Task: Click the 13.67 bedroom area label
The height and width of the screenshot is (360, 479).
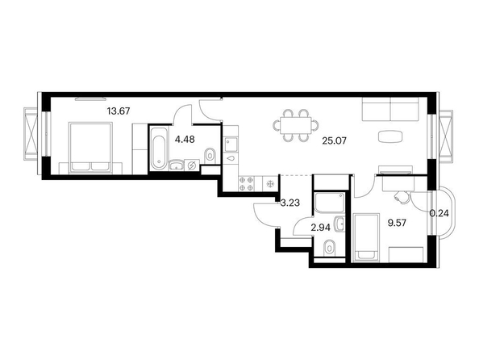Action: point(119,111)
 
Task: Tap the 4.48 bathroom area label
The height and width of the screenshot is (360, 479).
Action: point(185,140)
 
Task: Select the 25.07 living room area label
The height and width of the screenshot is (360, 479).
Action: point(335,141)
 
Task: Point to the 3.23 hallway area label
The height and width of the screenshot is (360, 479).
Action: point(290,203)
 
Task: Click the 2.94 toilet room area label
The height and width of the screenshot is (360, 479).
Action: point(320,228)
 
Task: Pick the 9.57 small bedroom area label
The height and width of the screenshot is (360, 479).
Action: point(397,223)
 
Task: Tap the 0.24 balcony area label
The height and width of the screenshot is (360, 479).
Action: point(439,213)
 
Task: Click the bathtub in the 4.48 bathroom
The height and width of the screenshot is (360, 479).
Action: point(159,148)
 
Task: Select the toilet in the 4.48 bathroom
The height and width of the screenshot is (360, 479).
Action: point(210,155)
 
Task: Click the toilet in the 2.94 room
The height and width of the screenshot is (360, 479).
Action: point(329,247)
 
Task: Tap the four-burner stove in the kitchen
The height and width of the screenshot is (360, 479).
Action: point(246,184)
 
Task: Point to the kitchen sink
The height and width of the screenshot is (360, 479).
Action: point(231,144)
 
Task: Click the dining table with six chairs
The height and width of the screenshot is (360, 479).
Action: point(296,125)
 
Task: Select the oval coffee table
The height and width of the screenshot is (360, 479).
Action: point(389,136)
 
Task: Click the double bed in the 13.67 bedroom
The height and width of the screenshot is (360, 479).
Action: point(90,148)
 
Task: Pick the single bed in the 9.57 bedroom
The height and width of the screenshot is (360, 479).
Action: point(365,238)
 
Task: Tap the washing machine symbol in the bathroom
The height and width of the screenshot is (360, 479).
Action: point(192,165)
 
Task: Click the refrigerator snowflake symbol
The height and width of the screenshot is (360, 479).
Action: point(270,184)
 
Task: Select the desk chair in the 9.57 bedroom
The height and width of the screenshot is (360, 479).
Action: point(402,197)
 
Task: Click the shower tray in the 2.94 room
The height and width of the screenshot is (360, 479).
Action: point(329,202)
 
